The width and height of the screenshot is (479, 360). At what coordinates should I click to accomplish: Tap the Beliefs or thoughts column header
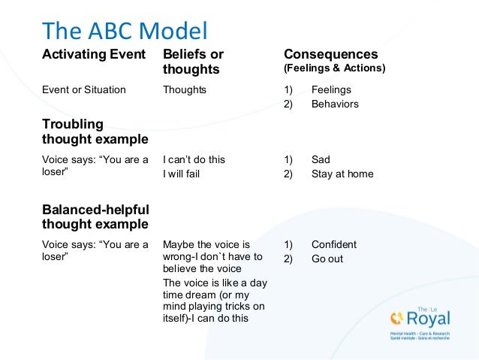coord(193,62)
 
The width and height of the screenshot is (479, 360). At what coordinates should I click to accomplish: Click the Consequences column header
coord(330,55)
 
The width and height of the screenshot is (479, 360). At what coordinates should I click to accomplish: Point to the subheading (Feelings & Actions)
coord(334,69)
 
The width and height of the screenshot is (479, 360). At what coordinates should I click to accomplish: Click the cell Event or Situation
coord(83,89)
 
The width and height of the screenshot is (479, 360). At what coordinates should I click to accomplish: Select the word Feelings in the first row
coord(331,89)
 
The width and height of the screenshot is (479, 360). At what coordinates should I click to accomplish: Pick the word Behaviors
coord(335,104)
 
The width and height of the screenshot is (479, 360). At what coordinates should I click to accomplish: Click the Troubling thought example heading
coord(95,132)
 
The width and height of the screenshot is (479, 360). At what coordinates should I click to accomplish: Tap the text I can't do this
coord(194,159)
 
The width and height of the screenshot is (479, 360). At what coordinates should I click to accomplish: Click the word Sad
coord(321,159)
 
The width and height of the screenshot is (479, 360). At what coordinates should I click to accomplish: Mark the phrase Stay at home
coord(342,174)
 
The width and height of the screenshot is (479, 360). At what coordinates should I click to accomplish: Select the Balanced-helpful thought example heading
coord(95,216)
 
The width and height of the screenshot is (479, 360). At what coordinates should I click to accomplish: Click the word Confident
coord(333,244)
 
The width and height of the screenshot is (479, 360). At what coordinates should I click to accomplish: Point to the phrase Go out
coord(328,259)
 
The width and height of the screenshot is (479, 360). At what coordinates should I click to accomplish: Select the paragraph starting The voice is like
coord(215,300)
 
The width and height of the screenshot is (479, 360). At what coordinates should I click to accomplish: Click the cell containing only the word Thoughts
coord(184,89)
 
